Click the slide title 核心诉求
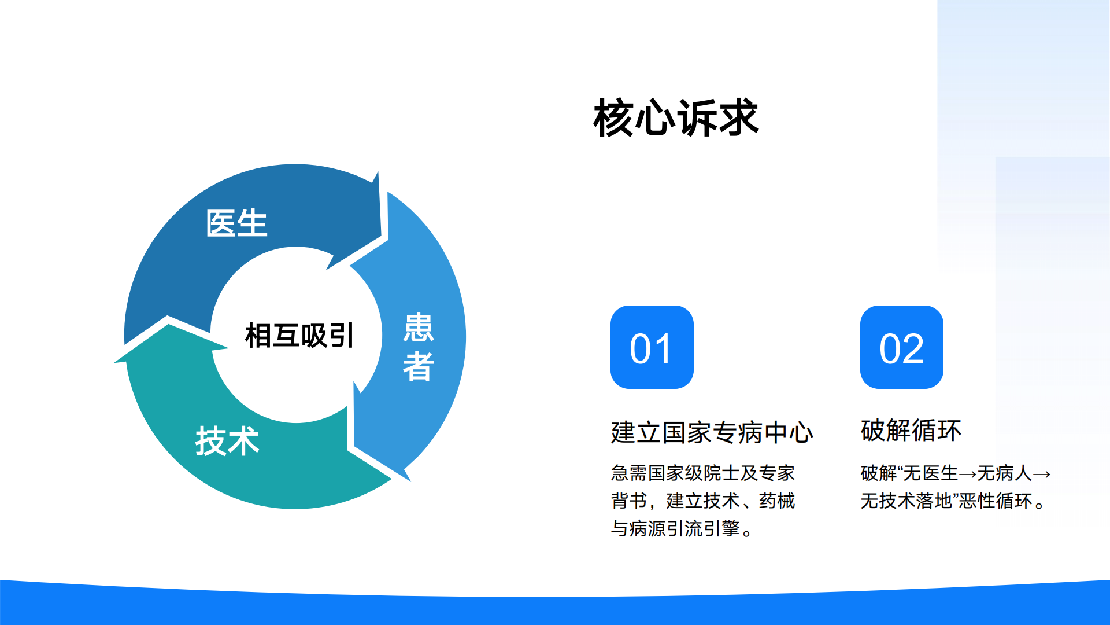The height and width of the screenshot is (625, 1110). point(675,118)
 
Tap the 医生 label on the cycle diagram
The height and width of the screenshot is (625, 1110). point(236,223)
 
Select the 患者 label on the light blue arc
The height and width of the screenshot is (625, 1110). point(418,347)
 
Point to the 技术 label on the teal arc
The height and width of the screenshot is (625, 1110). point(227,441)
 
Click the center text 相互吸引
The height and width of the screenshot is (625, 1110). point(299,336)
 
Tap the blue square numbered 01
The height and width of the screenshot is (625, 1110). point(652,347)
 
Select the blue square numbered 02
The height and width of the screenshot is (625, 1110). point(901,347)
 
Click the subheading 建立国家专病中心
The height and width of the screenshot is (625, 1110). point(712,432)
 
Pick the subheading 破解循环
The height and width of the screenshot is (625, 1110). point(911,431)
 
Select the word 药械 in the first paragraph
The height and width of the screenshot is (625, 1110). point(777,501)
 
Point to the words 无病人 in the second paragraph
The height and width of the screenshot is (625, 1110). point(1004,473)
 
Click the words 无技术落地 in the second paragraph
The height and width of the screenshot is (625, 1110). point(906,501)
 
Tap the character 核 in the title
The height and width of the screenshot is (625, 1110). point(613,118)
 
